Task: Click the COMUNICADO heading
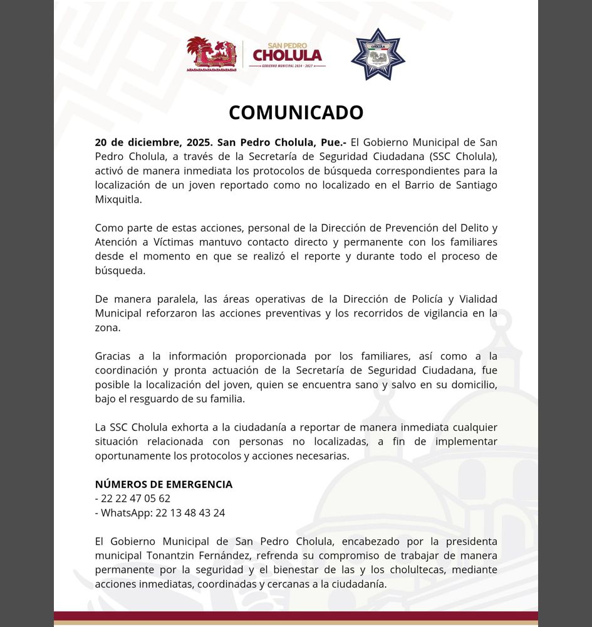(x=296, y=112)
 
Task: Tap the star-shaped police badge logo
(x=378, y=55)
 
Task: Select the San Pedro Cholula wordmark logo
(x=287, y=55)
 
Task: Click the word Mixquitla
(x=118, y=200)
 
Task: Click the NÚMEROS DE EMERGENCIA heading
(x=164, y=485)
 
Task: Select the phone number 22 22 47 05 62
(x=135, y=499)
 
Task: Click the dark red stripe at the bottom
(x=296, y=616)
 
